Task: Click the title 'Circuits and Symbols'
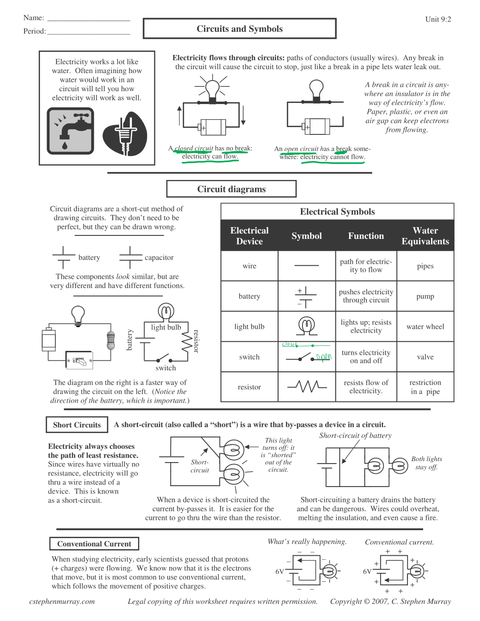(x=239, y=29)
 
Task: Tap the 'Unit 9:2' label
(x=438, y=20)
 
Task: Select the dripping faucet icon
(x=70, y=131)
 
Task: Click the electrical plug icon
(x=125, y=134)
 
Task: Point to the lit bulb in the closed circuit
(x=212, y=89)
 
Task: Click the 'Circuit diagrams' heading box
(x=231, y=189)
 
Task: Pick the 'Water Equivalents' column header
(x=425, y=236)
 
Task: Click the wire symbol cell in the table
(x=306, y=266)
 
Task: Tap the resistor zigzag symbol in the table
(x=307, y=387)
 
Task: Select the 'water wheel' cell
(x=425, y=327)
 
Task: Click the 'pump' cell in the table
(x=425, y=296)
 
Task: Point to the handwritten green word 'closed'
(x=289, y=345)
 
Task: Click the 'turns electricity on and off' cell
(x=366, y=357)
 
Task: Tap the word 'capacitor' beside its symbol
(x=159, y=258)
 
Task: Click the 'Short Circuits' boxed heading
(x=77, y=425)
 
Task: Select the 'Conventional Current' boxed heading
(x=94, y=544)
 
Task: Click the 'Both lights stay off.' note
(x=427, y=463)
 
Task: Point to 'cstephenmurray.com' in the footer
(x=62, y=601)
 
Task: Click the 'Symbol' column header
(x=306, y=236)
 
